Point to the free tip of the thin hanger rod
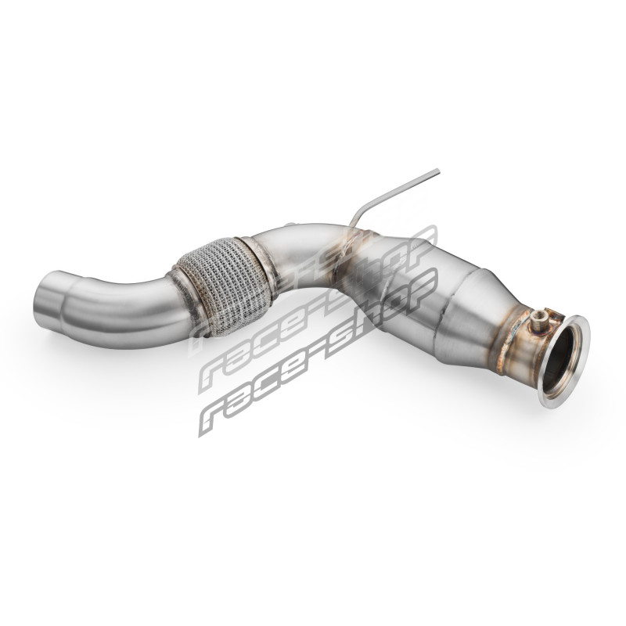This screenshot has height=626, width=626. (438, 171)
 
